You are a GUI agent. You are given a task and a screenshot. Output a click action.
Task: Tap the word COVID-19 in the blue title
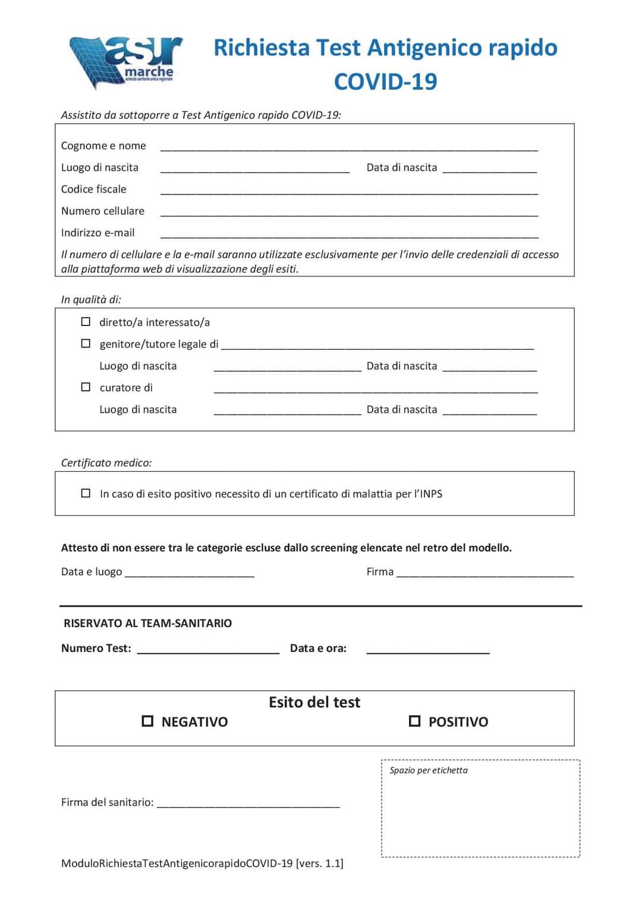[385, 82]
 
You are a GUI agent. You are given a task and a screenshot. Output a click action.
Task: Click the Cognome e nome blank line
[349, 149]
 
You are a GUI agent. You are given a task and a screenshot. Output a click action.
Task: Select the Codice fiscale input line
[349, 192]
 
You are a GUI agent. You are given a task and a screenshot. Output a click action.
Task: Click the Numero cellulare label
[103, 211]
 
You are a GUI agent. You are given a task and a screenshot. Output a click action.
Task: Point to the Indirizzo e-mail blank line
[349, 236]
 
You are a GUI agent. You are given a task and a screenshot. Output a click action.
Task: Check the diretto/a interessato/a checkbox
[86, 322]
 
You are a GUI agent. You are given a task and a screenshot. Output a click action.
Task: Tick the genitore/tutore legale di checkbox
[86, 343]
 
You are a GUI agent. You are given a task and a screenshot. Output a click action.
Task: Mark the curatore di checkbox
[86, 387]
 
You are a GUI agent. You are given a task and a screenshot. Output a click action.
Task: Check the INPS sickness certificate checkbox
[86, 493]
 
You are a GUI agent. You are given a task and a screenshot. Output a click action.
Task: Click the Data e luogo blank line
[190, 575]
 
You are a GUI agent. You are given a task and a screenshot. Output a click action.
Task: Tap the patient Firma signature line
[485, 575]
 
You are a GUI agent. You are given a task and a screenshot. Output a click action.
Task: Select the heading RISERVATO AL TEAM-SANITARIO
[148, 623]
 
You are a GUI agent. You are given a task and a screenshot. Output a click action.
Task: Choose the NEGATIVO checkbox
[147, 721]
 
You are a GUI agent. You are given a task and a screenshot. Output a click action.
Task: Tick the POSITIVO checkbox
[414, 721]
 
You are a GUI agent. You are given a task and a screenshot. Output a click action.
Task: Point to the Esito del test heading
[314, 703]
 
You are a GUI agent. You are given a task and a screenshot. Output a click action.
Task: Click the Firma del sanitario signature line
[248, 805]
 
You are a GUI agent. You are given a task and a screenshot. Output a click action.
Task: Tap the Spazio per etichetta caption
[429, 770]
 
